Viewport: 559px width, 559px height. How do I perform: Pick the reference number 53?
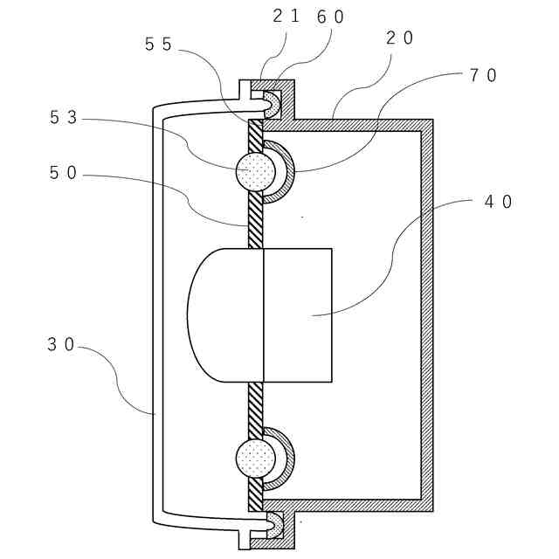pos(64,118)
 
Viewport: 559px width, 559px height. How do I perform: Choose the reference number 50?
pos(64,174)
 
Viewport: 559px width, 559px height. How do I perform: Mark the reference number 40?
pos(498,201)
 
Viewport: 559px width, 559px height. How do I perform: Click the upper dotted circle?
pos(256,171)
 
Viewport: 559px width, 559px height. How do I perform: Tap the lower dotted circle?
pos(256,458)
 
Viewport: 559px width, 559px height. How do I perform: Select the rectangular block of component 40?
pos(297,314)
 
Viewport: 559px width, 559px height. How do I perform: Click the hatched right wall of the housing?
pos(427,314)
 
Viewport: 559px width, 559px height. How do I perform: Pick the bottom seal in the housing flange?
pos(273,524)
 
